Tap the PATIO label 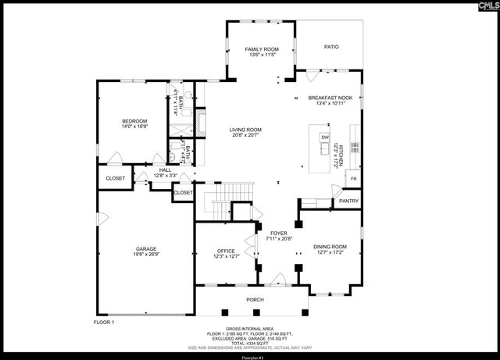pos(332,47)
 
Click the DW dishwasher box pos(324,137)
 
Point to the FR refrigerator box pos(353,179)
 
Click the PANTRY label pos(348,201)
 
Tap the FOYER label pos(279,233)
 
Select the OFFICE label pos(226,251)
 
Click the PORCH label pos(255,300)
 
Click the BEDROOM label pos(134,120)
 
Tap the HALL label pos(165,169)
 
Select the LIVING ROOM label pos(245,130)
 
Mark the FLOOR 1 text pos(104,322)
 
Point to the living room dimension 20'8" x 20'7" pos(245,135)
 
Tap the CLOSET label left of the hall pos(115,179)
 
